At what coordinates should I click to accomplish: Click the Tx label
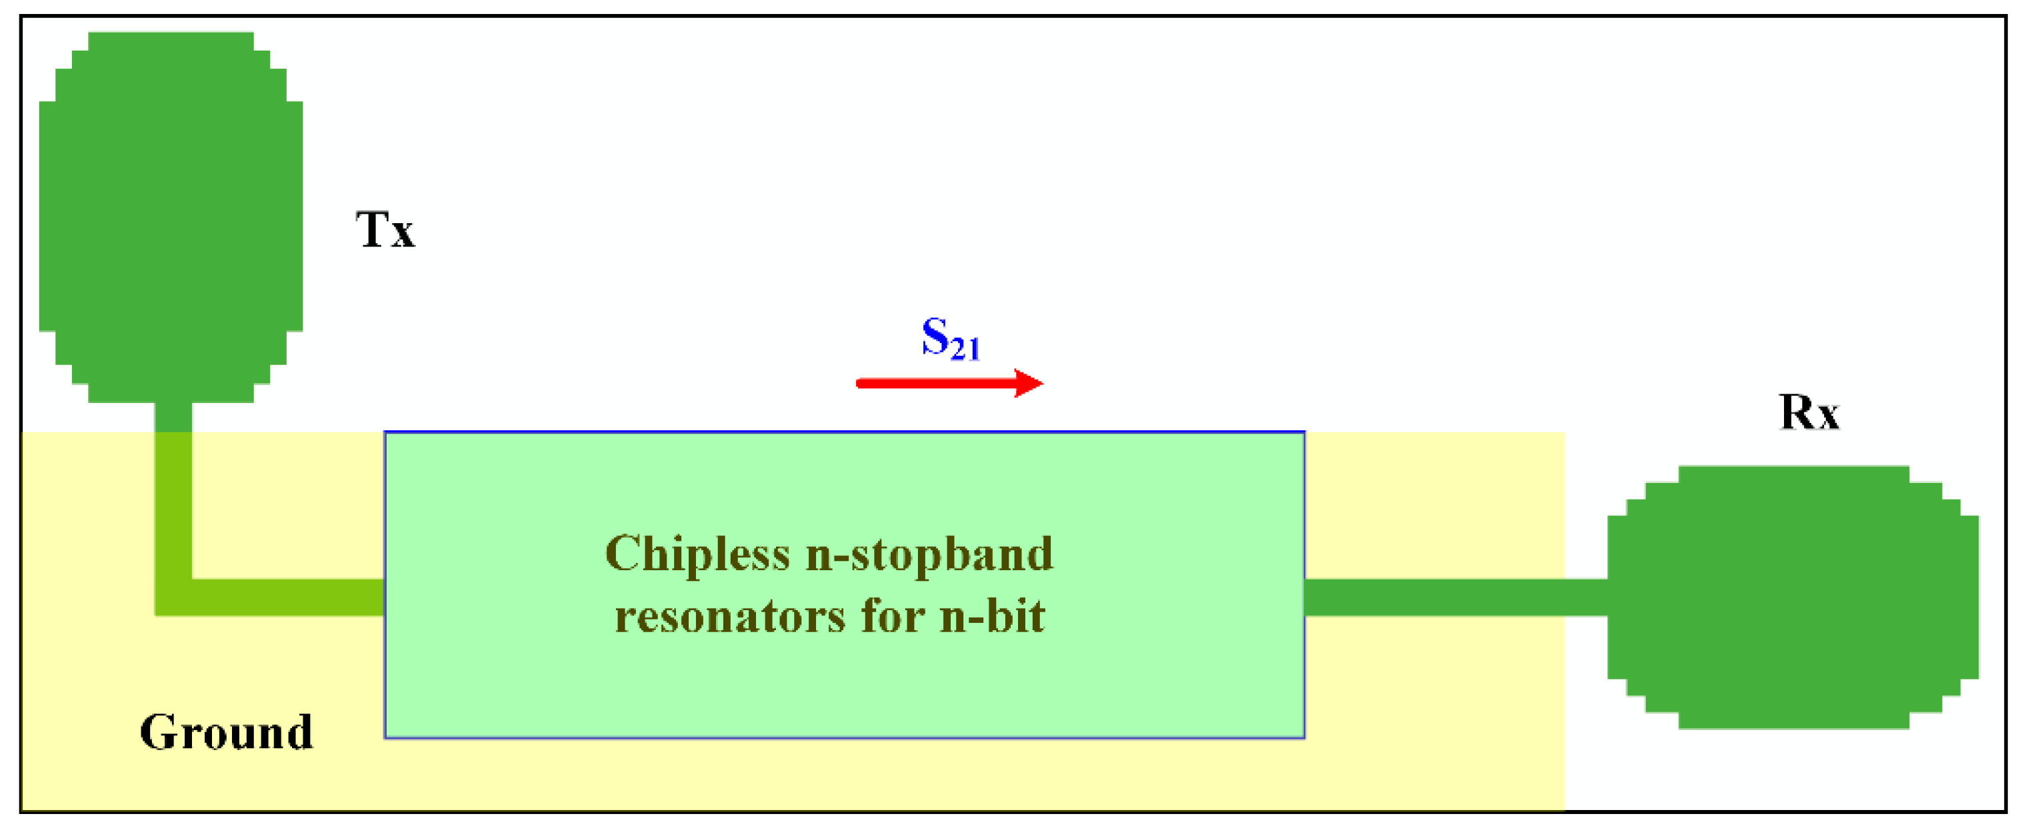(385, 230)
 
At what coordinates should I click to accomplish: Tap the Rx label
(1809, 412)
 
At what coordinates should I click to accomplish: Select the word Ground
(226, 733)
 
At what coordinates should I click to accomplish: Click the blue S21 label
(951, 339)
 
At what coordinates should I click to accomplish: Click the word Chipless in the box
(697, 556)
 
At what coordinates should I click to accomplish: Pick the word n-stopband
(929, 556)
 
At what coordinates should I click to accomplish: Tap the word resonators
(730, 617)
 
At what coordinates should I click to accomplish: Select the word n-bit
(993, 617)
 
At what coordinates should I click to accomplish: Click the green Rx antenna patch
(1793, 598)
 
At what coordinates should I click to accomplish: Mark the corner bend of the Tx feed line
(173, 597)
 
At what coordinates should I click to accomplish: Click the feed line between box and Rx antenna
(1452, 597)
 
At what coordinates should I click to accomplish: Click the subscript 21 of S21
(965, 349)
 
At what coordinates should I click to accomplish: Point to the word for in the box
(893, 617)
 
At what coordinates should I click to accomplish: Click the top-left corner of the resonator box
(385, 433)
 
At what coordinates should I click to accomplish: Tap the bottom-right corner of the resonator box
(1304, 737)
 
